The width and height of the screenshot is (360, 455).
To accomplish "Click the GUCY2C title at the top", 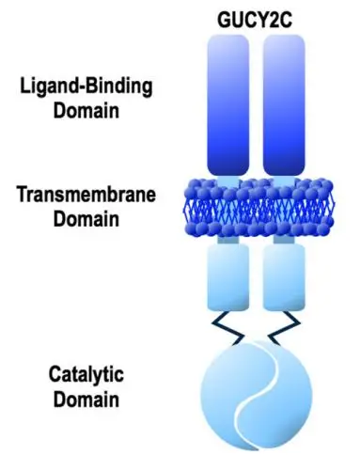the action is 255,20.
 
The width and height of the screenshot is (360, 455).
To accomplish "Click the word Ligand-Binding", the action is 86,86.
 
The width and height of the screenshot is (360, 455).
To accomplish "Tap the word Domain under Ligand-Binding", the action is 86,111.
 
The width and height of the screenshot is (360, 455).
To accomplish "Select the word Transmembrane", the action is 86,195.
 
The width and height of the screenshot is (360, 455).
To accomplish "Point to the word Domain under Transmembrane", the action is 86,219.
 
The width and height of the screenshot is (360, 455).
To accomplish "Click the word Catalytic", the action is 86,375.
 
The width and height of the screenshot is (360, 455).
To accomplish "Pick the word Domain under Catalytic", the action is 86,400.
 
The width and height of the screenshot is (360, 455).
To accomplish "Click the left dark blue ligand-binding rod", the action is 228,105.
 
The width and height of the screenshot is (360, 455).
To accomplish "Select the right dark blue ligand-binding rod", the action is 284,105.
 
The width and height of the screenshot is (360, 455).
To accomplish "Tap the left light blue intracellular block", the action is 228,277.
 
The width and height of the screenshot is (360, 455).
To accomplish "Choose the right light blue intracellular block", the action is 284,277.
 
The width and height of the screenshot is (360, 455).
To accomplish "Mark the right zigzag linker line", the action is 283,328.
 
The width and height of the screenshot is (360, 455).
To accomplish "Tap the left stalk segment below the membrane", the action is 227,240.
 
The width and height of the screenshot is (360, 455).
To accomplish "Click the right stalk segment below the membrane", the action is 284,240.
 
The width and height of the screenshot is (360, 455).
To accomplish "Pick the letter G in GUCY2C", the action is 224,20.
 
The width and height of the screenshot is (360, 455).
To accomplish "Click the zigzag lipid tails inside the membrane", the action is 258,209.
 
